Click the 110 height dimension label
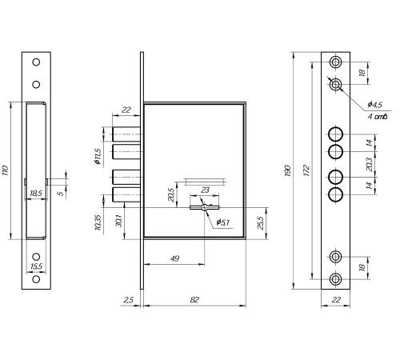tap(5, 170)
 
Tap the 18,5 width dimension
tap(36, 193)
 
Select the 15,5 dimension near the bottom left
tap(36, 266)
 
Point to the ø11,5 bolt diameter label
tap(98, 156)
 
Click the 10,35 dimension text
tap(98, 222)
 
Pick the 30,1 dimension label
tap(118, 221)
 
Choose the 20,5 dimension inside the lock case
tap(171, 195)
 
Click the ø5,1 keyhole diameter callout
tap(223, 222)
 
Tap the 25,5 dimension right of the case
tap(261, 222)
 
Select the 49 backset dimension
tap(174, 258)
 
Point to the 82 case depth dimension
tap(194, 300)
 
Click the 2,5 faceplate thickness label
tap(128, 300)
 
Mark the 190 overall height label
tap(287, 170)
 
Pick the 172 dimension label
tap(306, 170)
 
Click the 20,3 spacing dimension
tap(369, 165)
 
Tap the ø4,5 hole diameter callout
tap(375, 105)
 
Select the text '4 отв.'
tap(378, 117)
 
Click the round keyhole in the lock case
tap(204, 207)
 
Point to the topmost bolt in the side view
tap(126, 134)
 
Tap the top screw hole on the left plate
tap(36, 62)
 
